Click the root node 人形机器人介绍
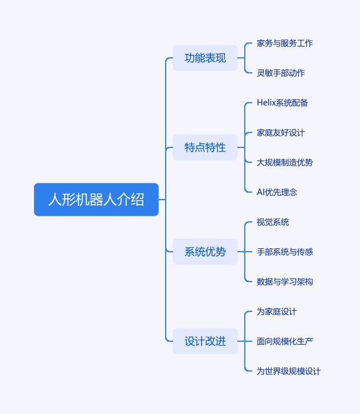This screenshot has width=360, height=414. (x=96, y=200)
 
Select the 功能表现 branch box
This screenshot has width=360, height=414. (x=205, y=58)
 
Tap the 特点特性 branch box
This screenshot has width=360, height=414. (x=205, y=147)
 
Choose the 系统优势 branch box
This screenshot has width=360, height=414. (x=205, y=252)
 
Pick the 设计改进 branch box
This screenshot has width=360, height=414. (x=205, y=341)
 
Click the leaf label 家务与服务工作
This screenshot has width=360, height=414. (x=285, y=43)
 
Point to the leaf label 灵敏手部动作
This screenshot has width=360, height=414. (x=281, y=73)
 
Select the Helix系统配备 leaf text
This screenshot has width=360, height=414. (x=283, y=103)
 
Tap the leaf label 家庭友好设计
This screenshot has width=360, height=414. (x=281, y=132)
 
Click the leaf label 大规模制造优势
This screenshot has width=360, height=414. (x=285, y=162)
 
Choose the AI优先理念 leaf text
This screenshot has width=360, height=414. (x=277, y=192)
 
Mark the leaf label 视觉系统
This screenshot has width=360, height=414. (x=273, y=222)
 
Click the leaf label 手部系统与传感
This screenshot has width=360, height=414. (x=285, y=252)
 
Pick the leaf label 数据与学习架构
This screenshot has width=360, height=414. (x=285, y=282)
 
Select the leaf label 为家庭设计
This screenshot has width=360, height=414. (x=277, y=311)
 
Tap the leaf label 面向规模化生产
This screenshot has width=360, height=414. (x=285, y=341)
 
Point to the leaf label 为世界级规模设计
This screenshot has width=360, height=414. (x=289, y=371)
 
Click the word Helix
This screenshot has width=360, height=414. (x=266, y=103)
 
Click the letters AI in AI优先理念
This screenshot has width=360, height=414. (x=261, y=192)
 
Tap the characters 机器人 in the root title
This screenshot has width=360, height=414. (x=96, y=200)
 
